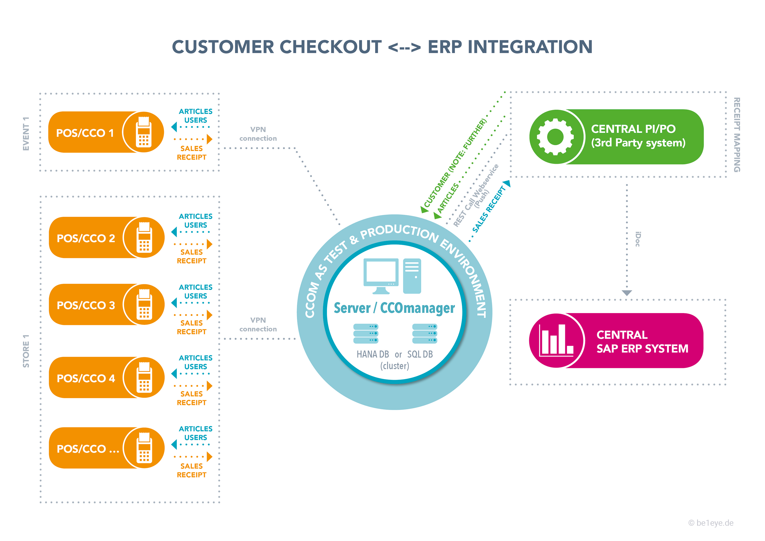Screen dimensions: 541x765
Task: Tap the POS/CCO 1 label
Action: [85, 133]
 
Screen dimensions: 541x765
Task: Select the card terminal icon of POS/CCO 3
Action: [144, 304]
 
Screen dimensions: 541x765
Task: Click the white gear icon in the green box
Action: [555, 137]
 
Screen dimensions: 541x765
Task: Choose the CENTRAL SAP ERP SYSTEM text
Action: [642, 342]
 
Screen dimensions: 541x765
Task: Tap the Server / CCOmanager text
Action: [394, 308]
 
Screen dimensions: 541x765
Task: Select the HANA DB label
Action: [373, 354]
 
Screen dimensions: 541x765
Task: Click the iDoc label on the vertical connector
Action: [637, 239]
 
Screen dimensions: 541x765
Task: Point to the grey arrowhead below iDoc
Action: [627, 293]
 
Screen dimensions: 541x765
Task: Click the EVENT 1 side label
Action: [26, 134]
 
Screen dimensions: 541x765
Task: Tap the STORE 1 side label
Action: [26, 351]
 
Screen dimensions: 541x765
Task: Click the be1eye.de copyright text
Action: [711, 523]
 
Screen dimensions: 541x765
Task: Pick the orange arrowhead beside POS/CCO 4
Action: [210, 386]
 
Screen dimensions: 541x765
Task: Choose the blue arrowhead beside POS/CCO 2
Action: [174, 232]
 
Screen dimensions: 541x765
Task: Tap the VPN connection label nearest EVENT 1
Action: [258, 134]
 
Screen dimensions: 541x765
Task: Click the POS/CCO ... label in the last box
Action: [88, 449]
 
